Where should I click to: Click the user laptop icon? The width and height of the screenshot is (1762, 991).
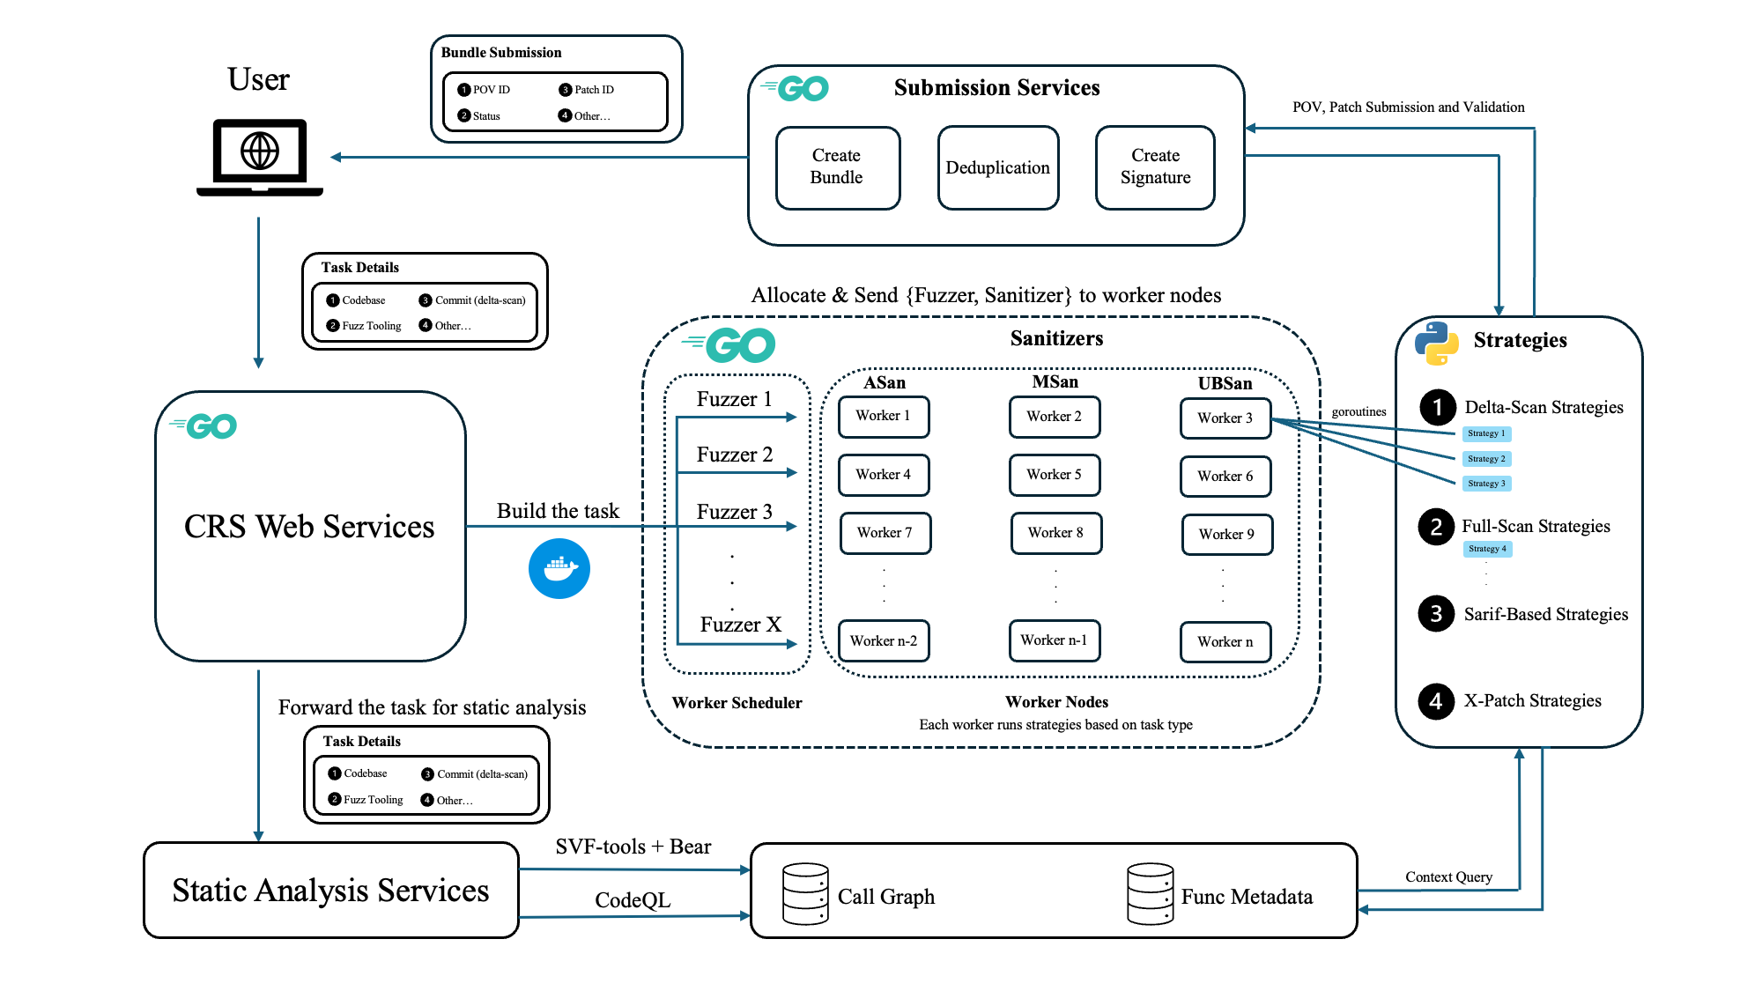259,157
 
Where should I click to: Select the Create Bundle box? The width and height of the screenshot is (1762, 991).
837,167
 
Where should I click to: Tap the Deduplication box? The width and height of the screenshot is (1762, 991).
997,167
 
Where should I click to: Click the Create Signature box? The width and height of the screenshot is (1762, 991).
1155,167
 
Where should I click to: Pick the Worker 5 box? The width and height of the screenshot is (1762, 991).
1054,475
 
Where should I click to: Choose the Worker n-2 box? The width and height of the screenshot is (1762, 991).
884,640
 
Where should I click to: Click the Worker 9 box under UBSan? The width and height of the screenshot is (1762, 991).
1226,534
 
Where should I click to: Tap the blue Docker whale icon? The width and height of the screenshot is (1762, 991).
559,568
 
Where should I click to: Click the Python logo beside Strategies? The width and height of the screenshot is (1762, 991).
1436,343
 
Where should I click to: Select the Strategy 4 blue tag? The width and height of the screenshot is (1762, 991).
1487,549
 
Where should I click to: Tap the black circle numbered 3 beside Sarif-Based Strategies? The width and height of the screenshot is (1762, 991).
1436,614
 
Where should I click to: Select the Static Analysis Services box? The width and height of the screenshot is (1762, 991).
330,890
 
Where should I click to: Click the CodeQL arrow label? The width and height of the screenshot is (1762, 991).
633,899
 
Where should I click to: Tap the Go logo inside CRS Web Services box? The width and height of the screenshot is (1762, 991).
204,426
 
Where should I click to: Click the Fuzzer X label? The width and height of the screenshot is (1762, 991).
740,625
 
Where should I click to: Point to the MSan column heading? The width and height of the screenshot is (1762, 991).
1055,381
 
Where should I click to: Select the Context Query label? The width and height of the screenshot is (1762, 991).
1448,876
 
